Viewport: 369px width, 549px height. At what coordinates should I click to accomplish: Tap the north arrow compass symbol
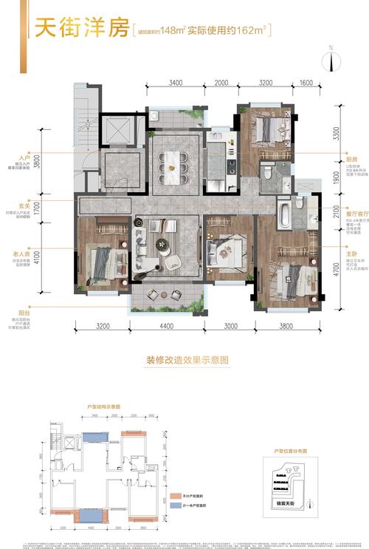[332, 59]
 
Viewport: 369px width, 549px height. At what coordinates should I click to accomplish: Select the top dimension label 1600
[306, 83]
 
